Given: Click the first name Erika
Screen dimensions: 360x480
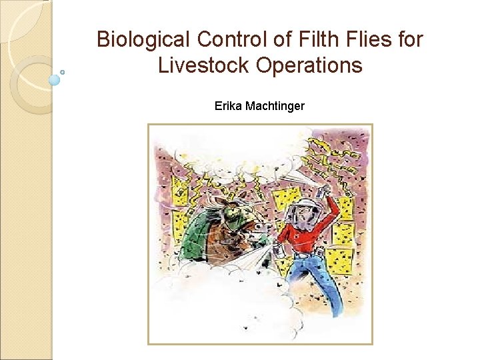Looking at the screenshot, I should click(x=228, y=105).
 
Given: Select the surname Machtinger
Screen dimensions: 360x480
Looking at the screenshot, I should click(x=275, y=105).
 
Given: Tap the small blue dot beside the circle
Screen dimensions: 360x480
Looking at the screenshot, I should click(x=63, y=72).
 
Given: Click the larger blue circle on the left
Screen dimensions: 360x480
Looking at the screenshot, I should click(x=55, y=80).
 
